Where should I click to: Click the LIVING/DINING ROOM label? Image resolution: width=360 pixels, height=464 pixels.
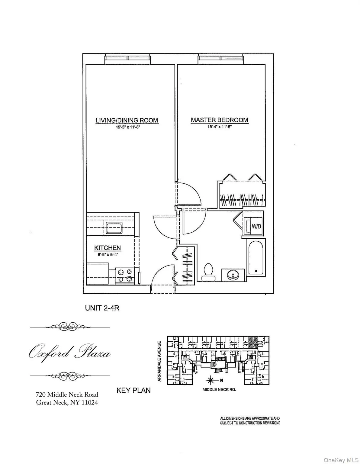(x=127, y=120)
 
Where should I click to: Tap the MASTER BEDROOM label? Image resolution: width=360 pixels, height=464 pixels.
(x=219, y=120)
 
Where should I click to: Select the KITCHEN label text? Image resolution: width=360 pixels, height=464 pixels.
(x=108, y=248)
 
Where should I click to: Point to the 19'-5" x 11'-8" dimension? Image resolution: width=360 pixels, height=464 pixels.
(x=127, y=127)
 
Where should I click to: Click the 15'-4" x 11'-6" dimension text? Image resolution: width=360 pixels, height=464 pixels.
(x=219, y=127)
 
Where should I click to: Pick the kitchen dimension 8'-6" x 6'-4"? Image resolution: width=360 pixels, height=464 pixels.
(x=108, y=254)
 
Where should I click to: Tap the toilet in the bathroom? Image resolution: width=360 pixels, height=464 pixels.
(x=208, y=270)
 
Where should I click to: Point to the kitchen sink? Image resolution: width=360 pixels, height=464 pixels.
(x=114, y=228)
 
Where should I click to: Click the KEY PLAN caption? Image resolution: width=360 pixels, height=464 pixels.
(x=133, y=390)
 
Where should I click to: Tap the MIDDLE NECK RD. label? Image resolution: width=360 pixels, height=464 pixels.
(x=219, y=390)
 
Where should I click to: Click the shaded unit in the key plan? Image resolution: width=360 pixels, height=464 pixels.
(x=252, y=343)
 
